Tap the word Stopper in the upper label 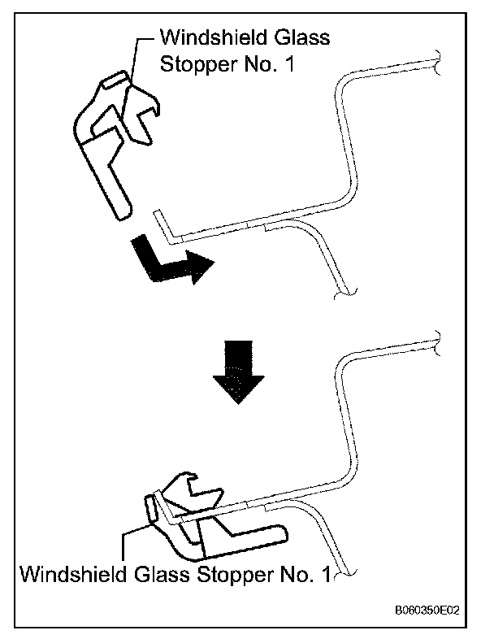pos(196,65)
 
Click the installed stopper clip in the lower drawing pos(203,520)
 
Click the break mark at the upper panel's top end pos(438,59)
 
